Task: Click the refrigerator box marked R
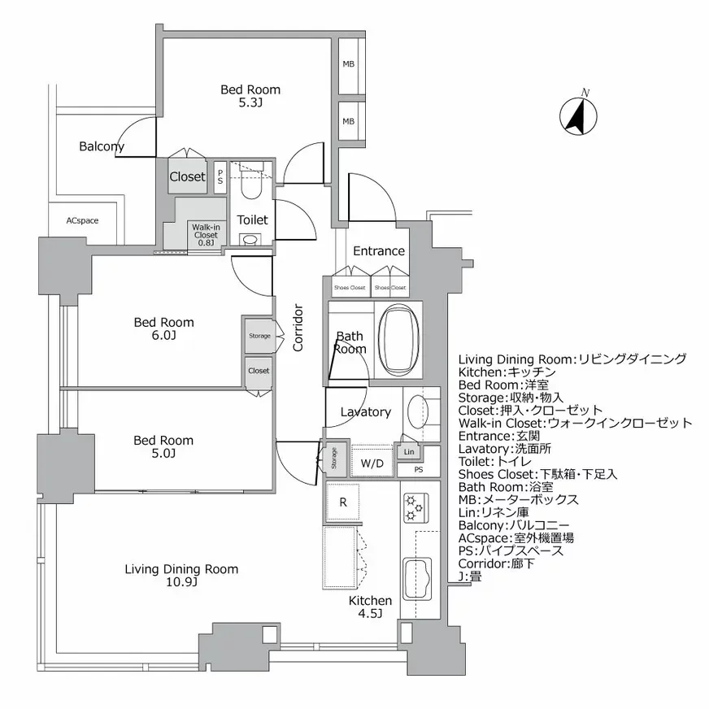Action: tap(343, 502)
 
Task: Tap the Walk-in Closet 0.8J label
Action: tap(204, 234)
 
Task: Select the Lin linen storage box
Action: tap(408, 452)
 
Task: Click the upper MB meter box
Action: tap(348, 65)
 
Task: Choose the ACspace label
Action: tap(82, 220)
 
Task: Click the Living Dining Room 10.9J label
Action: tap(181, 576)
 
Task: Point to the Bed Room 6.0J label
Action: tap(164, 328)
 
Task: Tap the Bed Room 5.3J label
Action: tap(250, 96)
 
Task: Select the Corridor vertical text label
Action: tap(298, 328)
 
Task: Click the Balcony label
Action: tap(102, 147)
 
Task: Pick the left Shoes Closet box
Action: tap(350, 287)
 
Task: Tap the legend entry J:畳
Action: tap(470, 576)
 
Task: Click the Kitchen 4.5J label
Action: tap(370, 607)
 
